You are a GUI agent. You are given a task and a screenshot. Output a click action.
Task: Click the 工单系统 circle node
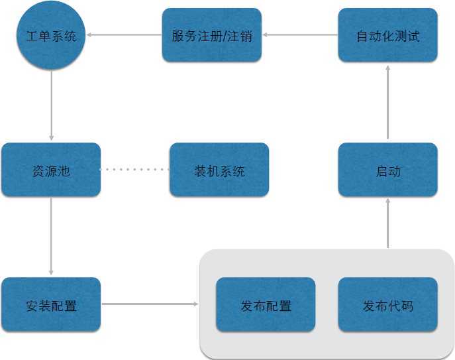(51, 36)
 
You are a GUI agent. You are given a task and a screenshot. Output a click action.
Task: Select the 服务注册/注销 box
(211, 36)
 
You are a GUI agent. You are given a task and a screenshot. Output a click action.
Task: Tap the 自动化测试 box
(387, 36)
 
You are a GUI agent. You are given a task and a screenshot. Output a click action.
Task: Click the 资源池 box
(51, 170)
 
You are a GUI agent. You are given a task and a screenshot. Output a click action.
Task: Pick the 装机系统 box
(219, 170)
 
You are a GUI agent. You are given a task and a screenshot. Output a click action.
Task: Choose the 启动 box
(387, 170)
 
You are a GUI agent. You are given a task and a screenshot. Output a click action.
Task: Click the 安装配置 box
(51, 305)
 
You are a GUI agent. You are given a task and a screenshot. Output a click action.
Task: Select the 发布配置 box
(266, 305)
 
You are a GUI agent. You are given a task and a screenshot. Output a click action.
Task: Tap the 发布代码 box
(387, 305)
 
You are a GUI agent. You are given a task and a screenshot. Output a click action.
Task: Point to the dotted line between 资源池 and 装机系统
(135, 170)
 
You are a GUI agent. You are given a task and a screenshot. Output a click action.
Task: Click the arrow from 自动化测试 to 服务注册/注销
(300, 35)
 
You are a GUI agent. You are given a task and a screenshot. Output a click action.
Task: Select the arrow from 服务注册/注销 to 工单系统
(125, 35)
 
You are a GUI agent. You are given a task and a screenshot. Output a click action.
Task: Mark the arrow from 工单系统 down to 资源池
(51, 106)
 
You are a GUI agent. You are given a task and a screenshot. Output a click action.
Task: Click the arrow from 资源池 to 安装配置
(51, 236)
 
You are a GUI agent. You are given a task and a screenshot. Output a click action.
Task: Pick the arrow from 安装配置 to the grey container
(150, 304)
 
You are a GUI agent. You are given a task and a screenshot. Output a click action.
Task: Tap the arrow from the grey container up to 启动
(387, 223)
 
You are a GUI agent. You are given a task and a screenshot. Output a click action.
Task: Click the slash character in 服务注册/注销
(224, 36)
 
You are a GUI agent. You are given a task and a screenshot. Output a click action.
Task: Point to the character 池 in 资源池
(64, 171)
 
